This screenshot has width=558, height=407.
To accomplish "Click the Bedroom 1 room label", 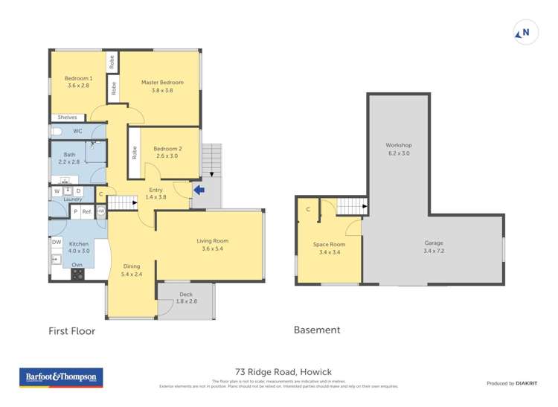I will point(78,79).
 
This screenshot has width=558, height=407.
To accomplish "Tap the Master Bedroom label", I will point(162,83).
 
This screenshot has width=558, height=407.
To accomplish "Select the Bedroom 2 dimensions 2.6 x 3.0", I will point(167,156).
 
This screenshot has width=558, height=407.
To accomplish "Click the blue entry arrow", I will point(199,190).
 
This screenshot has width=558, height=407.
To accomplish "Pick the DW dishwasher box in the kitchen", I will point(57,242).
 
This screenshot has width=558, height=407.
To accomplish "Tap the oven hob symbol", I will point(77,274).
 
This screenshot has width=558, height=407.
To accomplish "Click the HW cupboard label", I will point(100,212).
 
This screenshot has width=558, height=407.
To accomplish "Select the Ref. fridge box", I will point(87,212).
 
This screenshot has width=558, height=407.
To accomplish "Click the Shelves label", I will point(67,118).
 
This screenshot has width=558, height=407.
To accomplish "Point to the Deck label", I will point(186,295).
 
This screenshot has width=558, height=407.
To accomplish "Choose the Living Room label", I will point(212,241).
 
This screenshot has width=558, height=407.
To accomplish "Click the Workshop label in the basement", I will point(398,145).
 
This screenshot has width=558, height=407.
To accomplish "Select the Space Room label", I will point(328,245).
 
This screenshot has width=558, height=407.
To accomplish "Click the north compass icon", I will point(524,32).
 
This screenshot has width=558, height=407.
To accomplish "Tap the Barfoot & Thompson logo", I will point(61,378).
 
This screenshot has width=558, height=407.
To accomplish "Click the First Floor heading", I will point(72,331).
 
